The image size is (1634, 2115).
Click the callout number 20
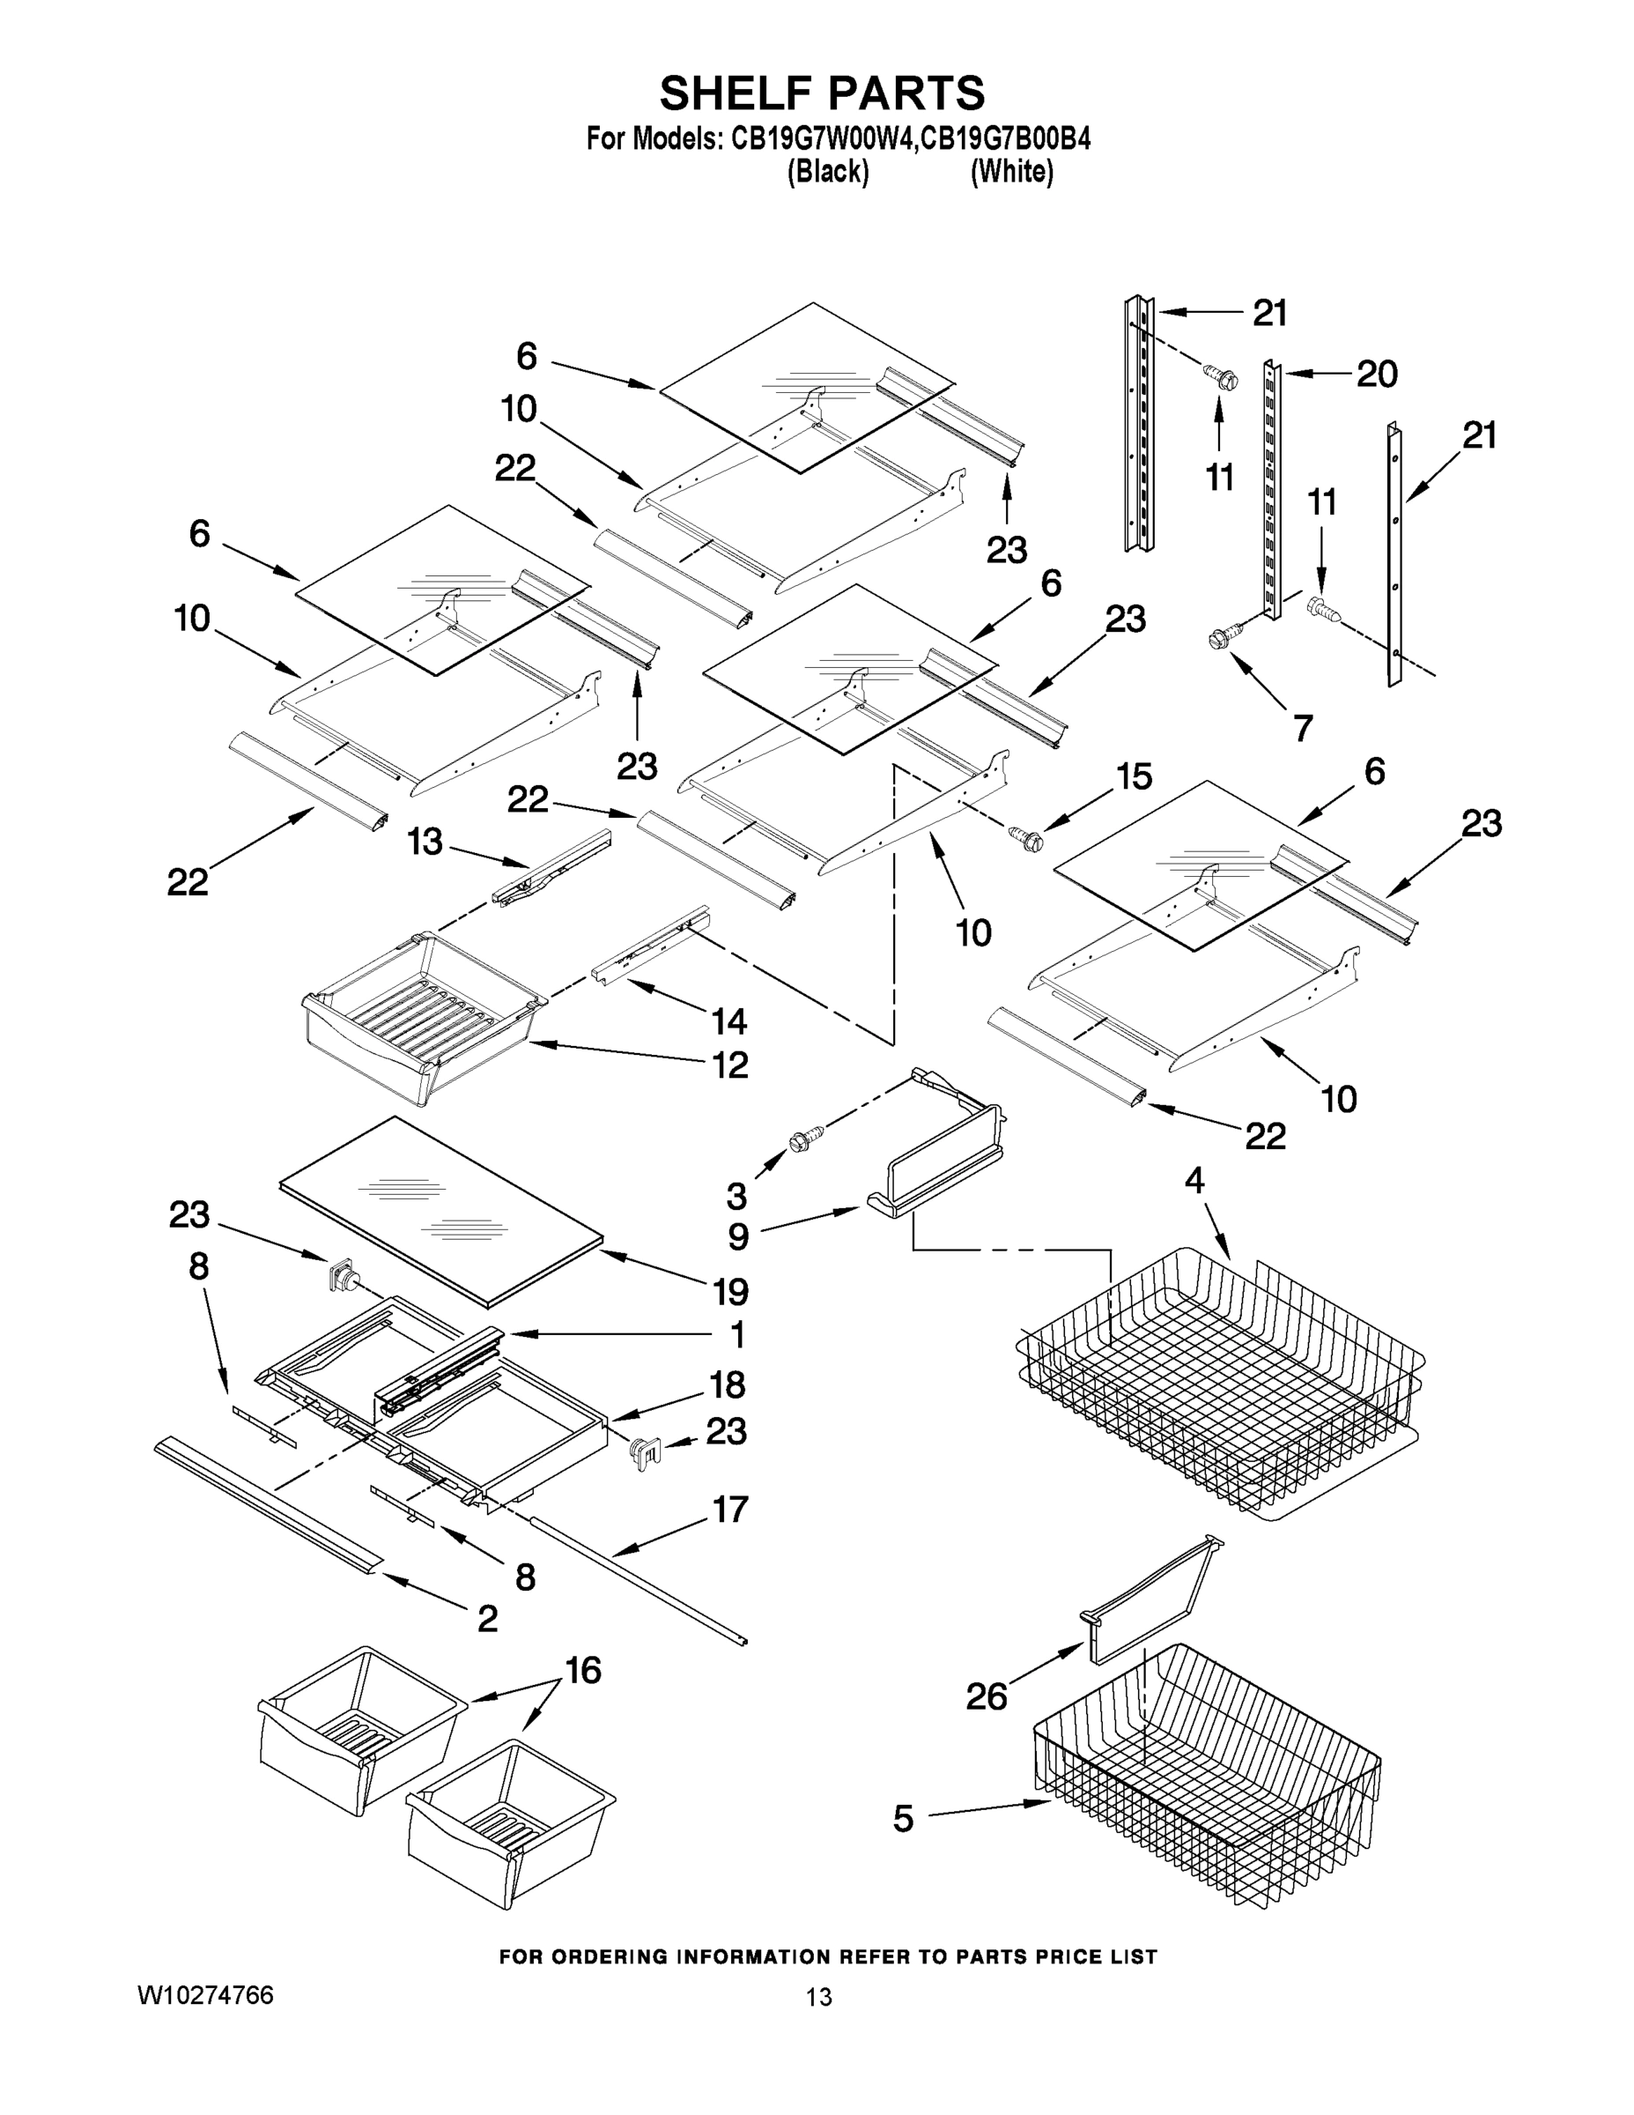1377,374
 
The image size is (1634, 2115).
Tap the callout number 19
730,1291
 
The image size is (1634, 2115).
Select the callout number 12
730,1065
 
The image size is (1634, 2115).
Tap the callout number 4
1194,1181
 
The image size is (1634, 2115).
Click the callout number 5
902,1819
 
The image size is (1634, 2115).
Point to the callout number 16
584,1670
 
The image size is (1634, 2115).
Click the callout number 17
730,1509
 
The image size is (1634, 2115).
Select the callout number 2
487,1617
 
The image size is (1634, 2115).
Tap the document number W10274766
205,1996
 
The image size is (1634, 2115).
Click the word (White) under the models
1011,173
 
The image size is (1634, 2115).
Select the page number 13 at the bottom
818,1997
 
